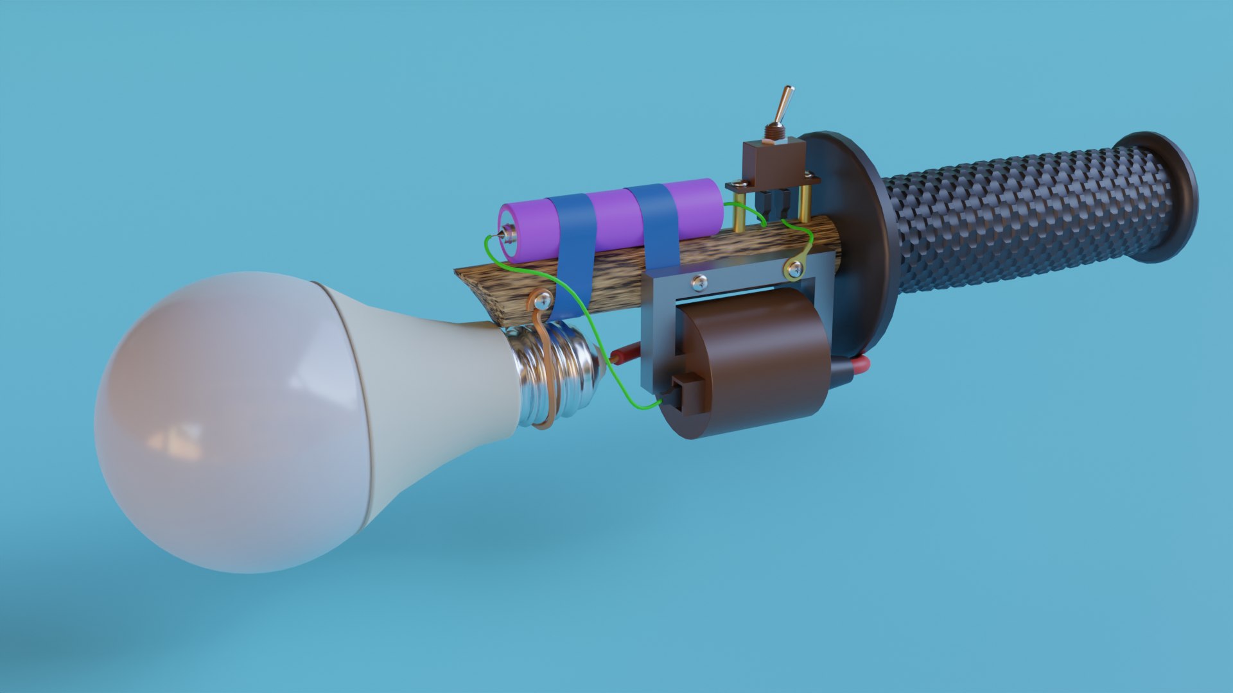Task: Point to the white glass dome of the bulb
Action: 225,424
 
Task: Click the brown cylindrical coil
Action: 758,366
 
